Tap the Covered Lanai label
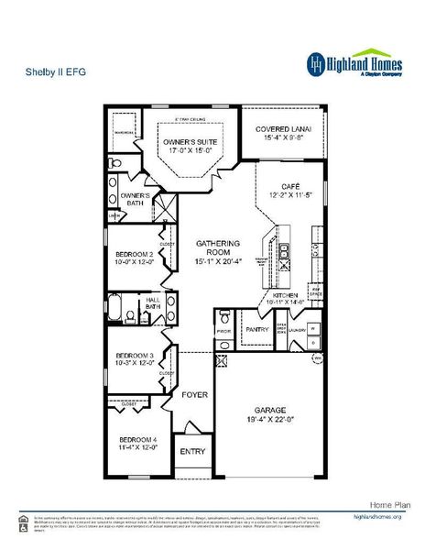click(x=283, y=129)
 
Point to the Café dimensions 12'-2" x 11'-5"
click(x=291, y=195)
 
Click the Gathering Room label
click(x=219, y=248)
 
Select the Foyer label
click(x=193, y=395)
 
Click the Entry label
click(x=192, y=452)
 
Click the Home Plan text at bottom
click(x=388, y=505)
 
